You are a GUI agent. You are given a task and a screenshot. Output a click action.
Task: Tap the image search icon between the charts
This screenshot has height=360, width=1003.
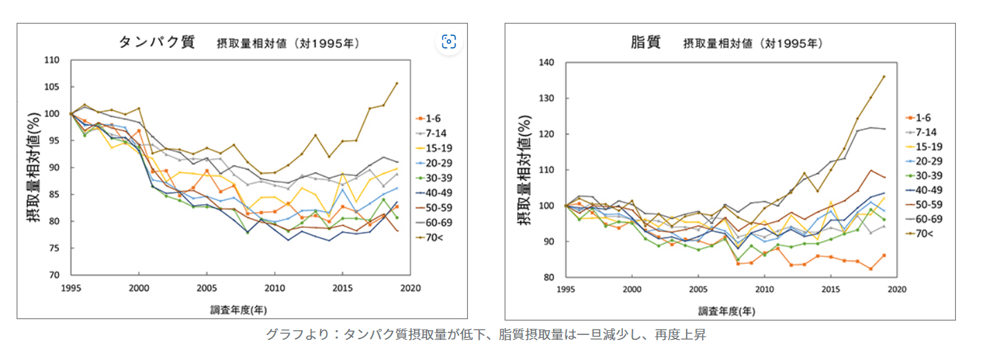[x=449, y=42]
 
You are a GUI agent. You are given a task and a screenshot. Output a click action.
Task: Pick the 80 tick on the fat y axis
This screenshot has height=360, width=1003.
[x=548, y=278]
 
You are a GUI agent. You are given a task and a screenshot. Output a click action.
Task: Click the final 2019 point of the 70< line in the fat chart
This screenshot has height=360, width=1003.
[x=883, y=77]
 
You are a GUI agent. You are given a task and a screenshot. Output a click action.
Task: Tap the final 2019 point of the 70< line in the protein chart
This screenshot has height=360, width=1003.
[x=397, y=84]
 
